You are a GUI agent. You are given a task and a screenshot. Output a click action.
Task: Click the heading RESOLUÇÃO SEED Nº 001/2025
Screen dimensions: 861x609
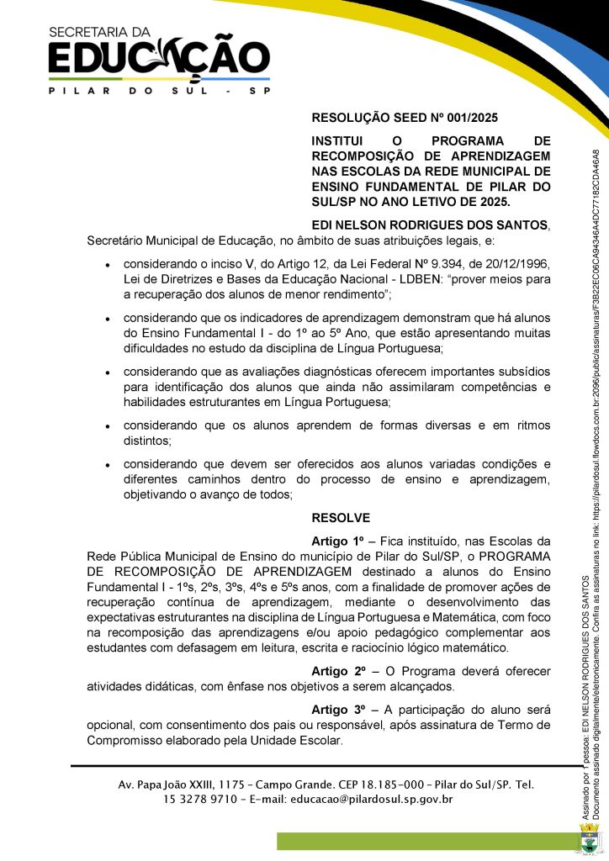click(x=410, y=119)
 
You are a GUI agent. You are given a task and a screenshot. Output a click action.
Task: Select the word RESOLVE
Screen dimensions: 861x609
click(x=341, y=518)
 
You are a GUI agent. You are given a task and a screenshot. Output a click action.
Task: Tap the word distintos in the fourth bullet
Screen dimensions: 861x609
click(x=147, y=441)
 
